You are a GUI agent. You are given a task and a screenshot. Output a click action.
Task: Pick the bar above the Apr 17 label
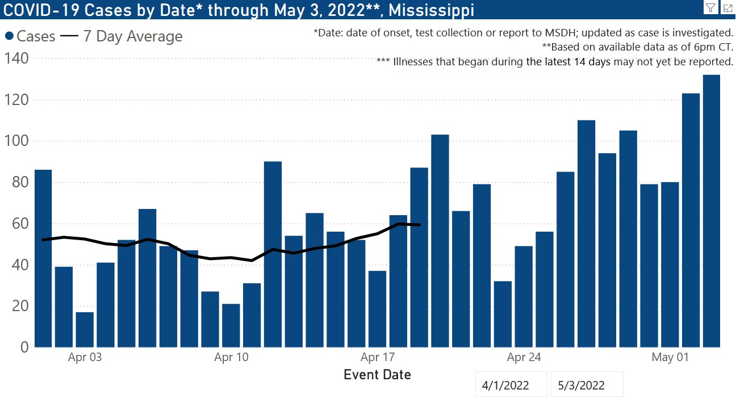click(377, 309)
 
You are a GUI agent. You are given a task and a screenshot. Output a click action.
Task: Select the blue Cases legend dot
click(10, 36)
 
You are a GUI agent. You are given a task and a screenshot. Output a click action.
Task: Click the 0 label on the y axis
click(24, 347)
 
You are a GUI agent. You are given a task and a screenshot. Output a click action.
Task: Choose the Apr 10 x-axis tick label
click(231, 357)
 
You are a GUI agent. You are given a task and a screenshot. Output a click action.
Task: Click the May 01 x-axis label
click(670, 357)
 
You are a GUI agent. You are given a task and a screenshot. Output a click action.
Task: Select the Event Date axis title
click(377, 375)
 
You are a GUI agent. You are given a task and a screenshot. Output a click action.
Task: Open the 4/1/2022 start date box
click(505, 386)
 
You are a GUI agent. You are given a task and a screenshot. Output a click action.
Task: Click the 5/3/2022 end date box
click(581, 386)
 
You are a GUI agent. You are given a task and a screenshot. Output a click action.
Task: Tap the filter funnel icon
click(710, 7)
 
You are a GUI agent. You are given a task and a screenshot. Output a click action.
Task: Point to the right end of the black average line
click(419, 225)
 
